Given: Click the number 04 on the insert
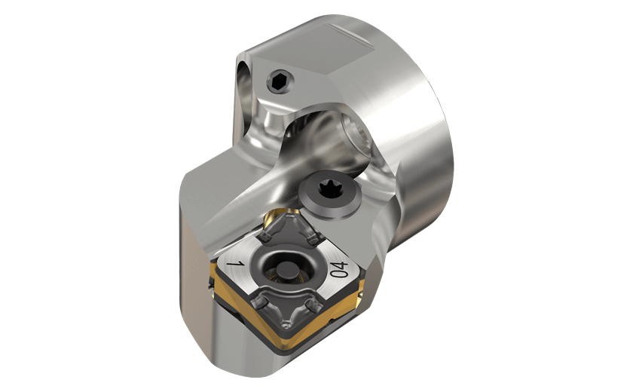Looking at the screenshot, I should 339,269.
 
